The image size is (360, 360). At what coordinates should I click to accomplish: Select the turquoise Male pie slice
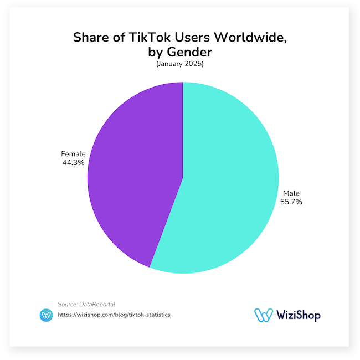(x=233, y=183)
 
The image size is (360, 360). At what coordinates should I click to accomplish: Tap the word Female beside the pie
(x=73, y=153)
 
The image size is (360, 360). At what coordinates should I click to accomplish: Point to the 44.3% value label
(x=73, y=163)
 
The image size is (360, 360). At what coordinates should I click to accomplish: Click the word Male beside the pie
(x=291, y=193)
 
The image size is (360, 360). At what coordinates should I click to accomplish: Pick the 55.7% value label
(x=291, y=202)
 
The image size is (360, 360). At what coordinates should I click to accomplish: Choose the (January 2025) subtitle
(x=179, y=65)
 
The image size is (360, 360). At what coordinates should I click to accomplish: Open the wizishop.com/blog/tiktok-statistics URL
(x=114, y=315)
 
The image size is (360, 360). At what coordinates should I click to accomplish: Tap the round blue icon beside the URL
(x=47, y=315)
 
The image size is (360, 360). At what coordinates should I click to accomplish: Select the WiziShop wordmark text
(x=298, y=315)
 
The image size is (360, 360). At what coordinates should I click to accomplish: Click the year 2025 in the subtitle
(x=194, y=65)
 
